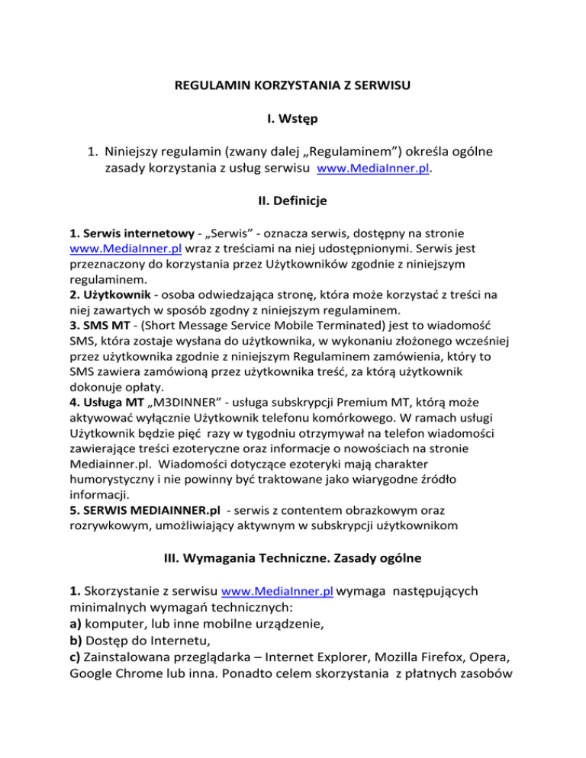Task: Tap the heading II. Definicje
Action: [x=293, y=201]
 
